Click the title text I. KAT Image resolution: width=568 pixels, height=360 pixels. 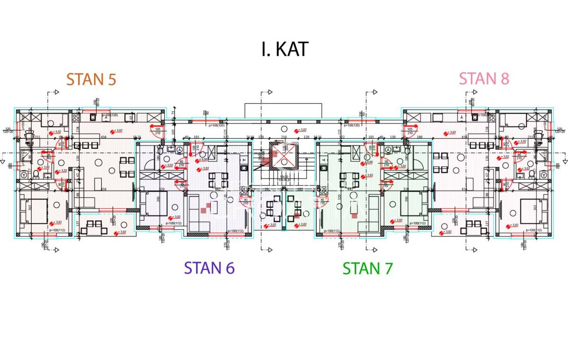click(284, 49)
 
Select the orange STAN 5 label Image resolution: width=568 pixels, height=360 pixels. click(91, 79)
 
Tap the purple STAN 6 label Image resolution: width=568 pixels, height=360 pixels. click(209, 268)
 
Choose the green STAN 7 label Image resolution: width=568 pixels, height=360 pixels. click(367, 269)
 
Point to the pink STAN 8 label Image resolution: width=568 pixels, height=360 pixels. click(484, 78)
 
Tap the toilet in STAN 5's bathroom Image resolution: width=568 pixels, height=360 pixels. click(35, 175)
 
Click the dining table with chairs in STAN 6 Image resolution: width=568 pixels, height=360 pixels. click(218, 180)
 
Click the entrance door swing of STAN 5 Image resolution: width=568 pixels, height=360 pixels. click(155, 131)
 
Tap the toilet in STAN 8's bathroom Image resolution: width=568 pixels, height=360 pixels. click(532, 175)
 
